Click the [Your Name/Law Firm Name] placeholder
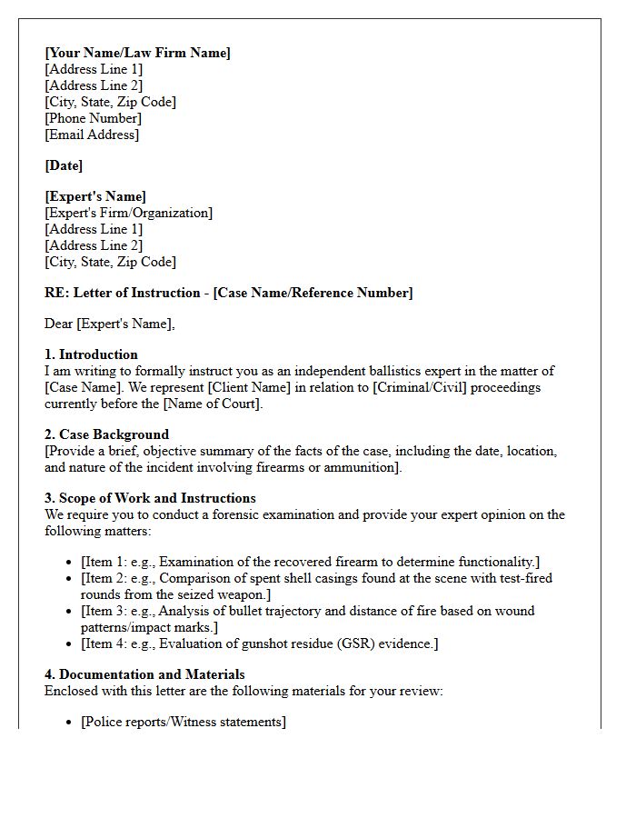coord(137,53)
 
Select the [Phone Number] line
coord(93,118)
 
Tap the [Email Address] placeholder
coord(92,135)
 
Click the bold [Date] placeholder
coord(64,165)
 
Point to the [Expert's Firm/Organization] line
coord(128,213)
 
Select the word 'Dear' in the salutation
coord(58,324)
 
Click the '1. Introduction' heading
coord(91,354)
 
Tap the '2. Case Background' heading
coord(106,434)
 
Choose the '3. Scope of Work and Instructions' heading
coord(150,498)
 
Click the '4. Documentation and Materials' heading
coord(144,674)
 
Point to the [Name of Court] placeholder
coord(213,404)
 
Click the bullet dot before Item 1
coord(69,563)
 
